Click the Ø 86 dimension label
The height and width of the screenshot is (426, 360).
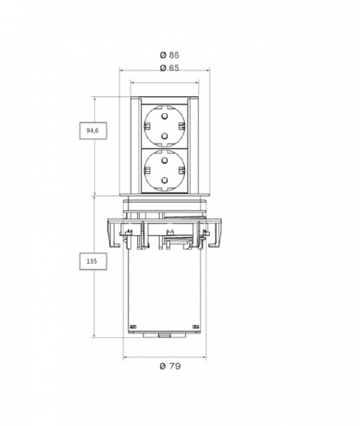click(x=169, y=55)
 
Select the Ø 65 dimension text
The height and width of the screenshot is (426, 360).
click(x=169, y=68)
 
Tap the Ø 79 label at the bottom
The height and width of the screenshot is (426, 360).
click(x=170, y=366)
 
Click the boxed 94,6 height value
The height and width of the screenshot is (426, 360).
click(x=93, y=131)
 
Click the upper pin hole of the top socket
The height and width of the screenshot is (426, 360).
click(x=165, y=117)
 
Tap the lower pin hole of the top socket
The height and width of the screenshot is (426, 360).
click(x=165, y=135)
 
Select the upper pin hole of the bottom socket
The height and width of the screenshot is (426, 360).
click(x=165, y=160)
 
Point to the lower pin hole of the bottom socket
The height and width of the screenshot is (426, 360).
click(x=165, y=180)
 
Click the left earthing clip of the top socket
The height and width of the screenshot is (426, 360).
click(x=146, y=126)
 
